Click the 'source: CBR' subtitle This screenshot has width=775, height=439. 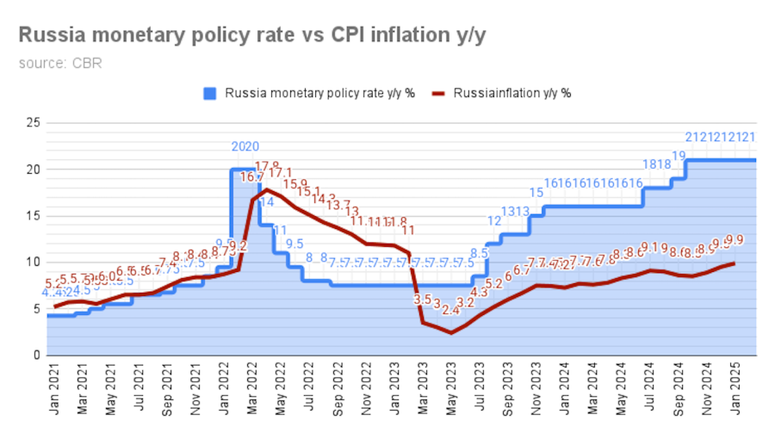click(x=60, y=63)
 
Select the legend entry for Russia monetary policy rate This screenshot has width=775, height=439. click(x=310, y=93)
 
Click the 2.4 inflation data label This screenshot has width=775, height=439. click(x=451, y=310)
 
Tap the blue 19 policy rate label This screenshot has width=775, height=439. click(x=679, y=156)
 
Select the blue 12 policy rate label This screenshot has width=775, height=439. click(x=494, y=220)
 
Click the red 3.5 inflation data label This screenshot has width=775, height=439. click(x=423, y=300)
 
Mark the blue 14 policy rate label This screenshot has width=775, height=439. click(x=266, y=201)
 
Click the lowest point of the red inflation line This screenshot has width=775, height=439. click(x=451, y=332)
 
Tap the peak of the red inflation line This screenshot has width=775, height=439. click(x=267, y=189)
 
